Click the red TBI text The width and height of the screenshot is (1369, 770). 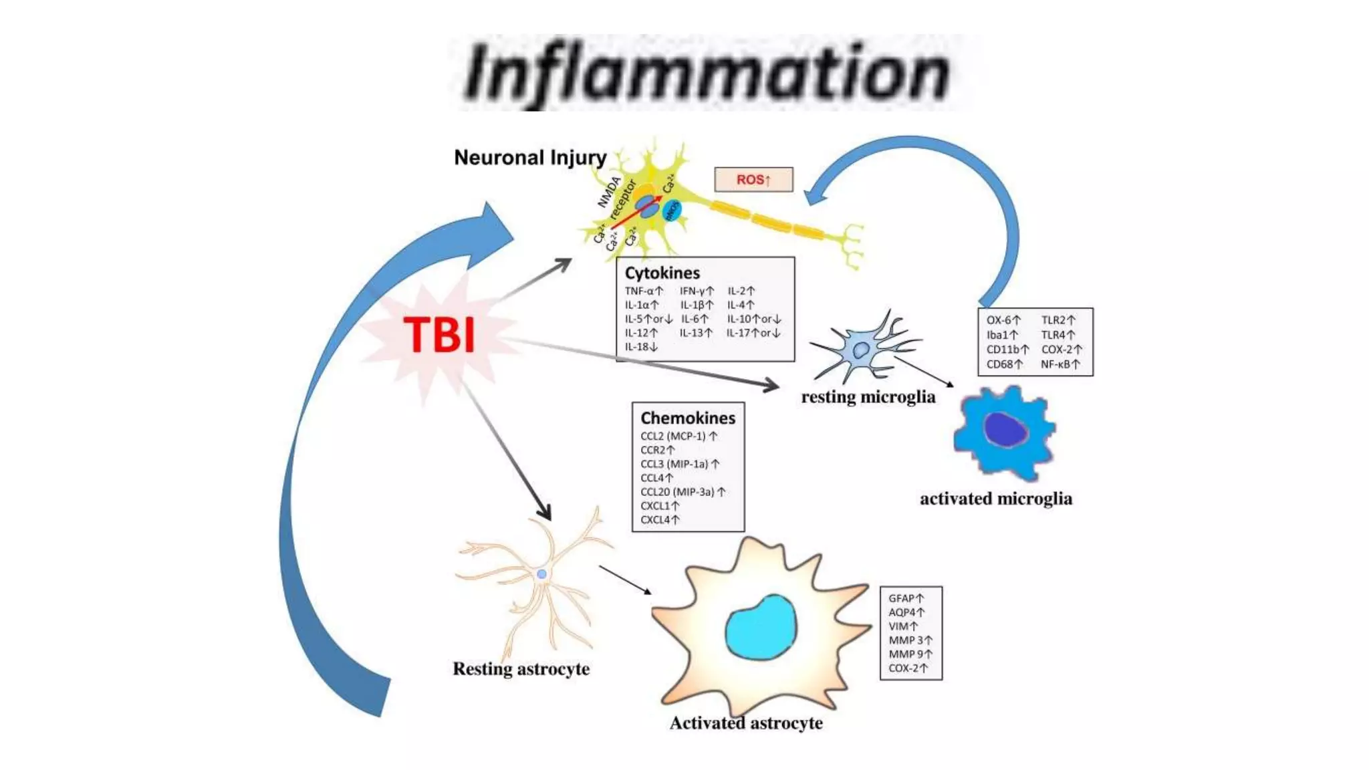coord(439,335)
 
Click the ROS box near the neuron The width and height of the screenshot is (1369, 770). coord(753,179)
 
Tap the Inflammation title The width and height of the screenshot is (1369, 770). coord(707,73)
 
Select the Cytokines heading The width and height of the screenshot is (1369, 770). coord(662,273)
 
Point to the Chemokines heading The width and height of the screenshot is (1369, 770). coord(687,418)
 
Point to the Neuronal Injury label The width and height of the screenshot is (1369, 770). coord(530,158)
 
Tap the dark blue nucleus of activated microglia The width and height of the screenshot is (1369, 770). coord(1005,430)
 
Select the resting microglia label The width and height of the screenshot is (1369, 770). coord(868,397)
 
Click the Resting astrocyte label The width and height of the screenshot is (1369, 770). coord(521,669)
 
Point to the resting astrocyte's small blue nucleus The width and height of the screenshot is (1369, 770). coord(542,574)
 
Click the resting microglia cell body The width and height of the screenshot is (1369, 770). coord(860,350)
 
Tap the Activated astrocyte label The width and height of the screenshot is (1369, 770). coord(746,723)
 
